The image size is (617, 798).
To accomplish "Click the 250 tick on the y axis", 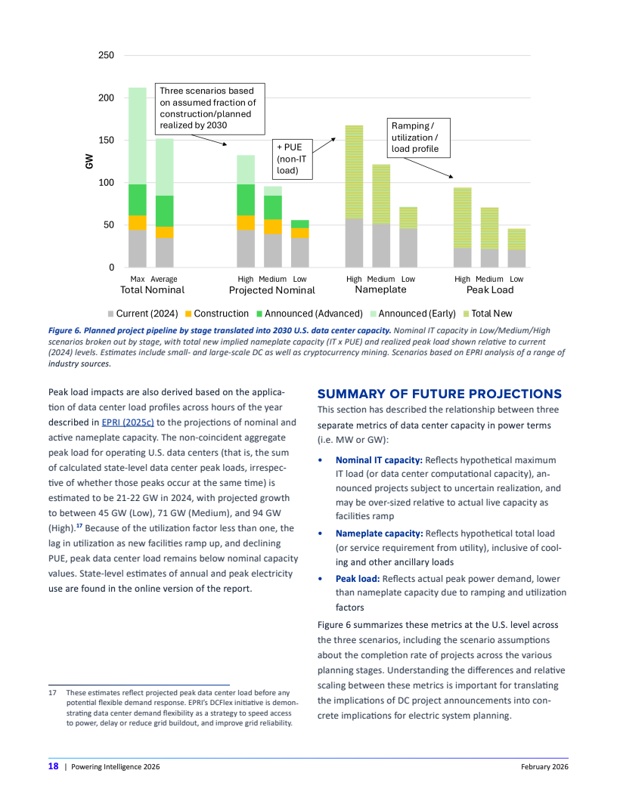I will pyautogui.click(x=107, y=56).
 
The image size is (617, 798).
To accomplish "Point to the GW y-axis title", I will pyautogui.click(x=90, y=162).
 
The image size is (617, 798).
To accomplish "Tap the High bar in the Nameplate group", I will pyautogui.click(x=354, y=196).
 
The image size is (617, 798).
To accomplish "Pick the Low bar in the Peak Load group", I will pyautogui.click(x=516, y=248).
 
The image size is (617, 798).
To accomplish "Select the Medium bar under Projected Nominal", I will pyautogui.click(x=272, y=227).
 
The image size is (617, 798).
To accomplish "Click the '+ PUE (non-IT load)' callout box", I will pyautogui.click(x=291, y=159).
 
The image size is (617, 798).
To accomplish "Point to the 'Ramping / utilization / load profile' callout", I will pyautogui.click(x=418, y=137).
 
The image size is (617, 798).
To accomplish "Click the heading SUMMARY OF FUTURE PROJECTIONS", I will pyautogui.click(x=439, y=394).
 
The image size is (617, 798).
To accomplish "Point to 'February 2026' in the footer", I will pyautogui.click(x=544, y=766).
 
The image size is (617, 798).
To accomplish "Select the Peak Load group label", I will pyautogui.click(x=489, y=290).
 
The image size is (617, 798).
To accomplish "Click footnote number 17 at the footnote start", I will pyautogui.click(x=52, y=692).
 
